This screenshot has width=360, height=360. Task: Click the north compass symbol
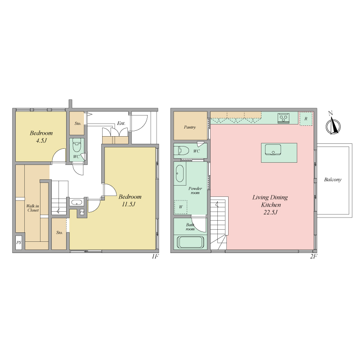point(333,124)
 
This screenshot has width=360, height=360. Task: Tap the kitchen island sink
point(273,150)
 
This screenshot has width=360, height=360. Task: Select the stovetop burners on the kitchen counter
point(283,118)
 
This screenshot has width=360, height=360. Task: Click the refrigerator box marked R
point(306,119)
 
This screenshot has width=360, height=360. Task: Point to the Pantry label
point(190,127)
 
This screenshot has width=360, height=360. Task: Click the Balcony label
point(333,179)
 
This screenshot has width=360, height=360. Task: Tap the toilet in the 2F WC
point(181,151)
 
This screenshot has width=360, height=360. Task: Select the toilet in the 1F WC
point(76,145)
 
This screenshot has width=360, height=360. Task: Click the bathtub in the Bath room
point(190,242)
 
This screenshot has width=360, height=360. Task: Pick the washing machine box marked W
point(181,207)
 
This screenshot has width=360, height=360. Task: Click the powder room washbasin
point(180,173)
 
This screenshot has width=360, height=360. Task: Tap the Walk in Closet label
point(33,208)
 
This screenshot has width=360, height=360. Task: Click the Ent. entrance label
point(121,123)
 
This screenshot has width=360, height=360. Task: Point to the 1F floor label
point(155,256)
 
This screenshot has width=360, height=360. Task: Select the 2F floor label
point(314,256)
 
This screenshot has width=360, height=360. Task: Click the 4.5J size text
point(41,140)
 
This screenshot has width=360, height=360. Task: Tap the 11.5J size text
point(129,204)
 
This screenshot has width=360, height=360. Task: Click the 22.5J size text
point(270,212)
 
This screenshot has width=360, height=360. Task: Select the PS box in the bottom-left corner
point(19,242)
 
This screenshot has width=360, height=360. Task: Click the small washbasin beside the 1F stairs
point(76,203)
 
